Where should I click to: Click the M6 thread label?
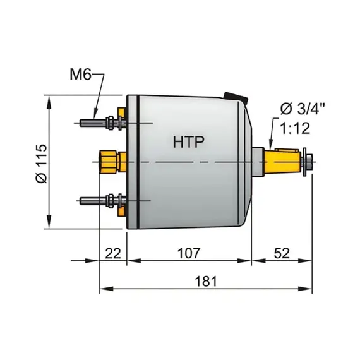[x=80, y=76]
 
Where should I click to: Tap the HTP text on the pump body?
[x=188, y=142]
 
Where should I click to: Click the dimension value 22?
[x=112, y=253]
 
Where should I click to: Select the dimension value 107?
[x=188, y=253]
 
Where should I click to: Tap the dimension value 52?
[x=282, y=253]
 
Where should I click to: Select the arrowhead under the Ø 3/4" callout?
[x=270, y=145]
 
